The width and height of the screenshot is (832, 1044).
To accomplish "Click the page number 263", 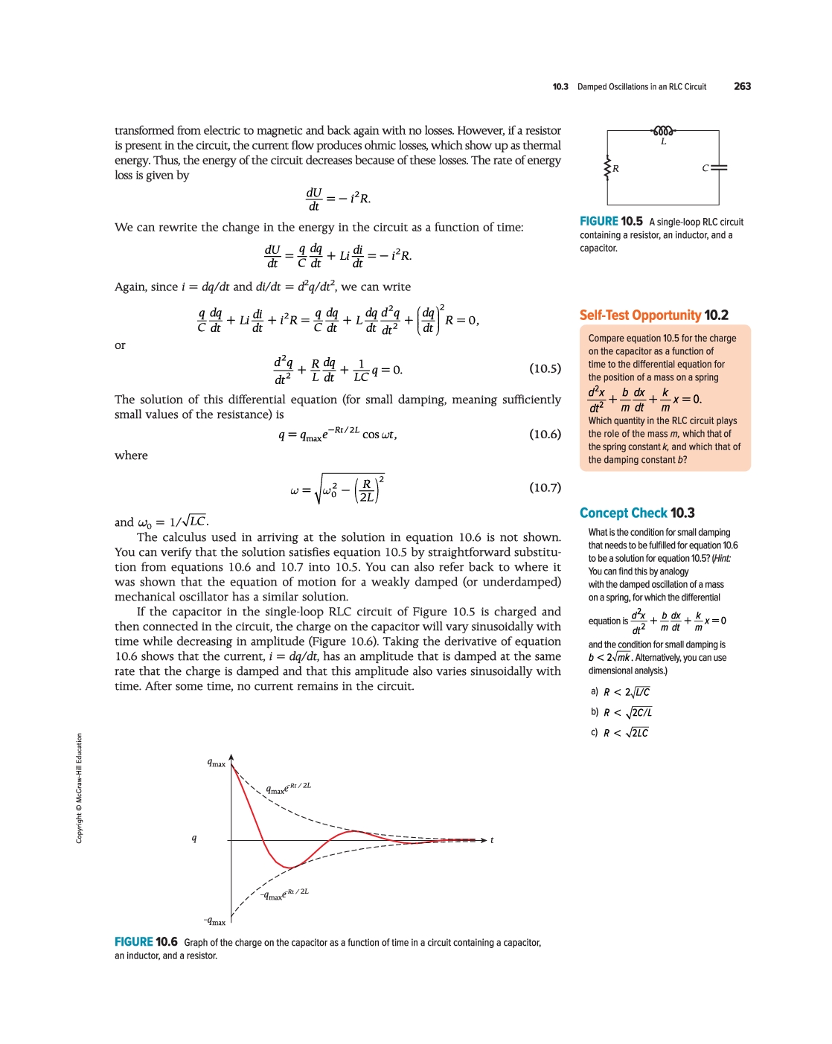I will [x=742, y=86].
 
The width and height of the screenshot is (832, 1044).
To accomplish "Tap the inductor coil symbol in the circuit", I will [x=663, y=131].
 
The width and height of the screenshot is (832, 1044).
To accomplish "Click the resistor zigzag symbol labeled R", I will [x=608, y=168].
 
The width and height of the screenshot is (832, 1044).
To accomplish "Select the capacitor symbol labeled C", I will [x=718, y=168].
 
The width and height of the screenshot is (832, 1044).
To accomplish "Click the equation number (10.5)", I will [x=545, y=368].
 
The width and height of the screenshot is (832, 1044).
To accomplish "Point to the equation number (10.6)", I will [x=545, y=434].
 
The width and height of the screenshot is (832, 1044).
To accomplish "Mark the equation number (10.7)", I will [x=545, y=487].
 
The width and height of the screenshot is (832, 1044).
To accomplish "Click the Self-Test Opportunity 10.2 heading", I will [x=653, y=315].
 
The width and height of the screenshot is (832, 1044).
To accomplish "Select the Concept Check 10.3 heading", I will [x=637, y=513].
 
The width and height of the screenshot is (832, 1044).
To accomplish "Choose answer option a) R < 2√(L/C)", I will [x=621, y=692].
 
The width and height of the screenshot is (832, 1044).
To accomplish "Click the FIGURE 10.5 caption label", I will [x=611, y=221].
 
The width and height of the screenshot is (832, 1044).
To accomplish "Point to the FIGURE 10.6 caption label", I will [x=146, y=942].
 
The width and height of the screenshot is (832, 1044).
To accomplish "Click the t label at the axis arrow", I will [x=492, y=840].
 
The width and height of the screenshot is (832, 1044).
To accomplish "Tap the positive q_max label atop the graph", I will [x=216, y=763].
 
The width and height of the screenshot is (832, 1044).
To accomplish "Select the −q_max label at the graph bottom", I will [x=214, y=922].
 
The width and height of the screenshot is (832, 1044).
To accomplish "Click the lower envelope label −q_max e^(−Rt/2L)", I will [x=284, y=894].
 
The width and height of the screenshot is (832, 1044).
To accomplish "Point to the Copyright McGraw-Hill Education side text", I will [x=79, y=789].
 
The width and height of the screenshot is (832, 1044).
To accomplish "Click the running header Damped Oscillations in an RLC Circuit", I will [x=641, y=87].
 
